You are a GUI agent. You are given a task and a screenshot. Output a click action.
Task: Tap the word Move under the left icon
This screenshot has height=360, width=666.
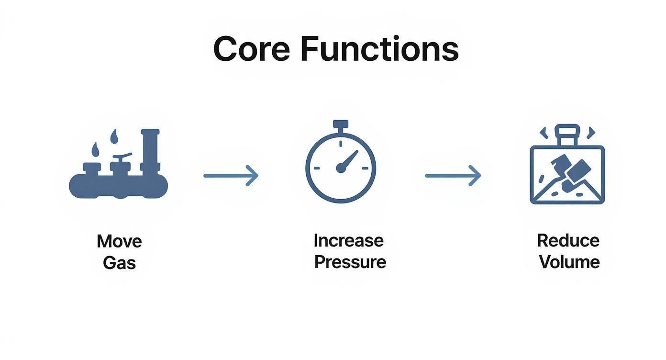click(x=119, y=241)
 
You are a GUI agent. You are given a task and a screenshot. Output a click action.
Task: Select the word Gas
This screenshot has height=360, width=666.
click(x=119, y=263)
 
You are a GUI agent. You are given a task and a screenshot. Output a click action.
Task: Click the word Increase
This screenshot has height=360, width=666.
click(x=348, y=240)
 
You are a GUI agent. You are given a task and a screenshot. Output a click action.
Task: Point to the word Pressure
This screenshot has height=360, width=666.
click(x=350, y=262)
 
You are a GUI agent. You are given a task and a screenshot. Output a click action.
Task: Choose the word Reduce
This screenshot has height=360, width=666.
click(x=568, y=240)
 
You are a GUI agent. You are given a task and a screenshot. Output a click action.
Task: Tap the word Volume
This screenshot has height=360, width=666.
click(x=569, y=262)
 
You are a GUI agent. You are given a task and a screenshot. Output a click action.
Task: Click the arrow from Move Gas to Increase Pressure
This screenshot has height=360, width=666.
click(x=231, y=176)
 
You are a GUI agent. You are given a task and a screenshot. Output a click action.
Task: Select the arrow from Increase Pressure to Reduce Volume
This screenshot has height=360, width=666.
click(x=453, y=176)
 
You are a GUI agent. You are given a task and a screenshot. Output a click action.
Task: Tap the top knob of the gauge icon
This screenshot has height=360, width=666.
click(x=340, y=124)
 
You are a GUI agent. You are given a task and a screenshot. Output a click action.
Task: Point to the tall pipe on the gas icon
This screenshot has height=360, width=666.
click(x=150, y=151)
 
